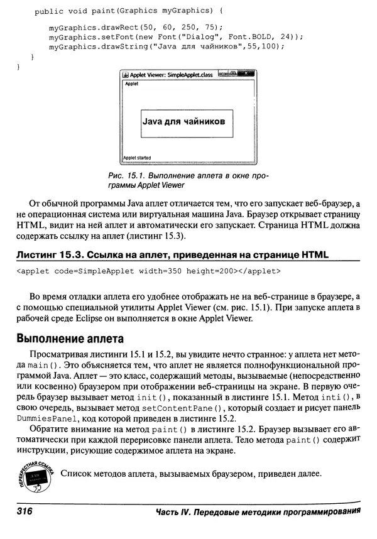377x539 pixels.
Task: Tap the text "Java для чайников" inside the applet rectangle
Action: coord(183,122)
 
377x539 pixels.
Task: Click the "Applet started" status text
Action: coord(137,158)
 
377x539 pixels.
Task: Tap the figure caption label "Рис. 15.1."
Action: coord(124,177)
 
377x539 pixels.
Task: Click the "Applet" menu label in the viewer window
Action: coord(132,83)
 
